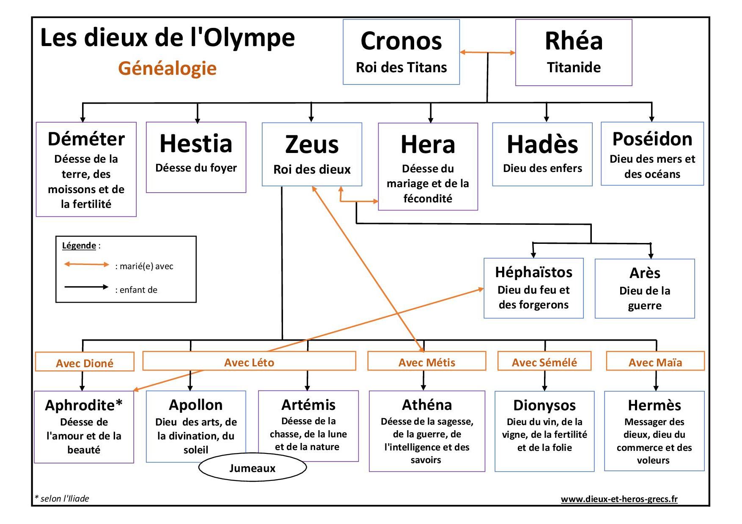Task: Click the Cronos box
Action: click(x=401, y=52)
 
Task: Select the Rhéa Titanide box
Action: click(x=573, y=53)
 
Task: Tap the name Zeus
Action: click(x=312, y=145)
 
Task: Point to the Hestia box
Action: click(x=196, y=157)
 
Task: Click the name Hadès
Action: click(x=542, y=145)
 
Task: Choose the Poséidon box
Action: click(x=652, y=154)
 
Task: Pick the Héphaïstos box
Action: click(x=533, y=288)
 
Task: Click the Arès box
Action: click(x=644, y=289)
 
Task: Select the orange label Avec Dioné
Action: click(x=85, y=363)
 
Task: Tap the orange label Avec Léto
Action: click(x=249, y=362)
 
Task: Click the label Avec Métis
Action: click(x=426, y=362)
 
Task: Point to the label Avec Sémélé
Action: click(x=544, y=362)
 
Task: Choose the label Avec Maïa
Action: click(x=655, y=362)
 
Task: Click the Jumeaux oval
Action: click(x=252, y=468)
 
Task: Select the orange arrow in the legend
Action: click(x=86, y=265)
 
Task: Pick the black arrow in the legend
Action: click(x=86, y=287)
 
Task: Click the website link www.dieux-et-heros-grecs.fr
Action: click(x=619, y=499)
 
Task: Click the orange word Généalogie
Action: click(x=167, y=68)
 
